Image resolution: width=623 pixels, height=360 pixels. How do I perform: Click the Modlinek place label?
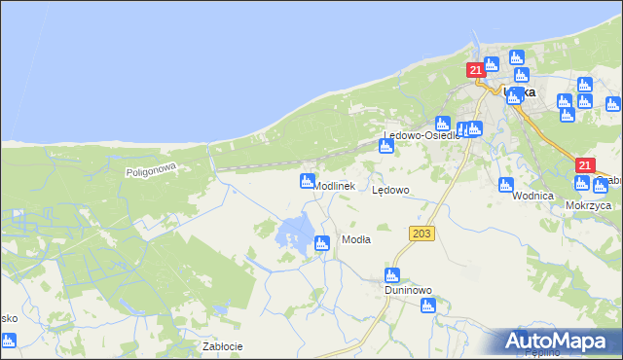pos(336,185)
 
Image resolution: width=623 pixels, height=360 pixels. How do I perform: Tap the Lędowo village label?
pos(391,191)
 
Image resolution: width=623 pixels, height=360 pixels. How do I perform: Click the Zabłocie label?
pos(222,346)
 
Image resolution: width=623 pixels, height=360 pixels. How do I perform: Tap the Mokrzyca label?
pos(588,206)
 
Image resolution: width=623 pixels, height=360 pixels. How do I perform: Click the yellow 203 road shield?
pos(421,234)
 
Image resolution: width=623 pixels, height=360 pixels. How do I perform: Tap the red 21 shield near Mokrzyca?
pos(583,166)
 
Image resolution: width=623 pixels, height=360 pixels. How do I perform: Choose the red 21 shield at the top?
pos(475,70)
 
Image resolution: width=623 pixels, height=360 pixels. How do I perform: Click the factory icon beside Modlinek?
pos(308,181)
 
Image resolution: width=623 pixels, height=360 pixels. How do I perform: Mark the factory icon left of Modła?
pos(322,244)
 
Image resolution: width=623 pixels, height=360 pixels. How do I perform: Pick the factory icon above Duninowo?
pos(392,275)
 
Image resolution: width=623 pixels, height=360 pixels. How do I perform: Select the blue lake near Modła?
pos(295,232)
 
